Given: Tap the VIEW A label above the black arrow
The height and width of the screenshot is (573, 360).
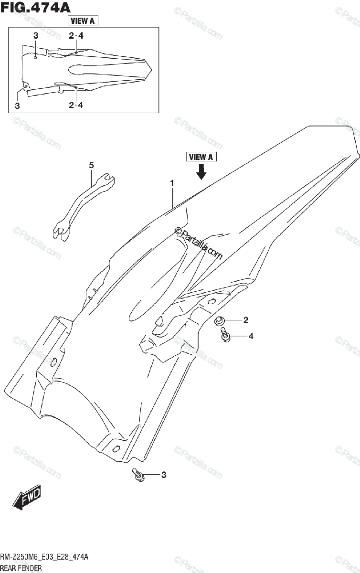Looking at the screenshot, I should click(x=201, y=157).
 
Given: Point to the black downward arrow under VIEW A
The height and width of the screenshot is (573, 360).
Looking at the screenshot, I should click(x=201, y=171).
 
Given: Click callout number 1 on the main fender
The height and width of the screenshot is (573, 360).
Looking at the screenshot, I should click(x=172, y=183).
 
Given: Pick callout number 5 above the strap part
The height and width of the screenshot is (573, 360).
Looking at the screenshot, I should click(x=91, y=165).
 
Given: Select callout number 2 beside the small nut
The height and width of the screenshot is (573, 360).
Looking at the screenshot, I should click(x=245, y=320).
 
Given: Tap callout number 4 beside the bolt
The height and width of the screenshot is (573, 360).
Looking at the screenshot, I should click(x=250, y=336).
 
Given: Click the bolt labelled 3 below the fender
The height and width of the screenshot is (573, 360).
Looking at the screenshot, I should click(x=138, y=475).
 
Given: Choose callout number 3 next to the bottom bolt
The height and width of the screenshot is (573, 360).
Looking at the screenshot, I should click(x=163, y=475).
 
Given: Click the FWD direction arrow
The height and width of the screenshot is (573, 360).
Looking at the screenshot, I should click(x=27, y=498).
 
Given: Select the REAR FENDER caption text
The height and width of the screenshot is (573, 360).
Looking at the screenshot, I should click(x=21, y=568).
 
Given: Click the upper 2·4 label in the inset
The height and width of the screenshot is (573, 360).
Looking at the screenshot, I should click(x=75, y=36).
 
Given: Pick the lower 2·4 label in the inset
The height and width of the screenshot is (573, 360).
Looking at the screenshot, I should click(x=75, y=105).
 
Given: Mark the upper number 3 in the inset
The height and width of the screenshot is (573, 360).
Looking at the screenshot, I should click(x=36, y=36).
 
